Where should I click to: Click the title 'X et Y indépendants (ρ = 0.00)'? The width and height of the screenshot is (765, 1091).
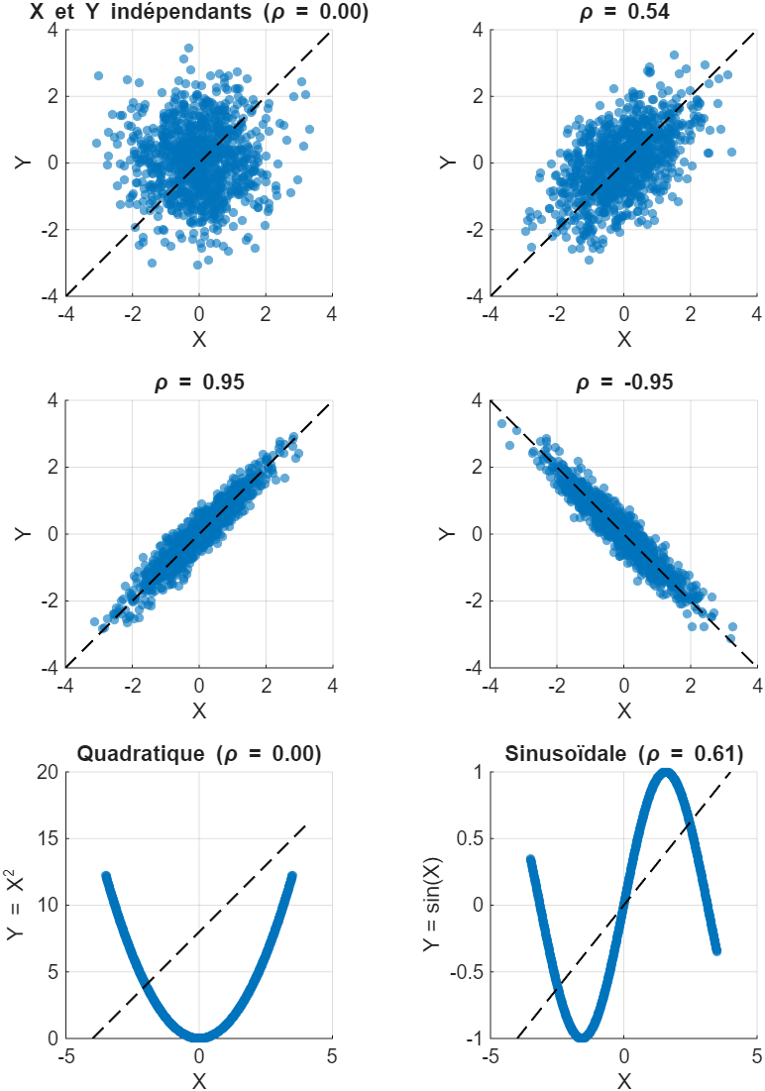tap(198, 13)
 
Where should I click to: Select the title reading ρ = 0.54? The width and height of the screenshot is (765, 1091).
tap(623, 13)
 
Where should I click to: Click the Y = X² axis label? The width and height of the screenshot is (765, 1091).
tap(22, 905)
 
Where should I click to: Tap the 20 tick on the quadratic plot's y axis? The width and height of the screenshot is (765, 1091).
tap(46, 773)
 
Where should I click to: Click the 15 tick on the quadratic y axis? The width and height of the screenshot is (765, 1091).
tap(46, 839)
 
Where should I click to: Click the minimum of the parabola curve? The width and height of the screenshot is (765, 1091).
tap(199, 1035)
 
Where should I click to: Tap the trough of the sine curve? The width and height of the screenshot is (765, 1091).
tap(582, 1036)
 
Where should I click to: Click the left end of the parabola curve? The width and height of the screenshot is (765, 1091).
tap(106, 875)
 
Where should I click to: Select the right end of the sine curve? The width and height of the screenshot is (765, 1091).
tap(716, 950)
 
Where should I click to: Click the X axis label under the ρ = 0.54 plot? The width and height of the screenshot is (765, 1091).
tap(623, 339)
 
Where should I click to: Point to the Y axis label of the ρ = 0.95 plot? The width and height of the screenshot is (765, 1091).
tap(22, 534)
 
